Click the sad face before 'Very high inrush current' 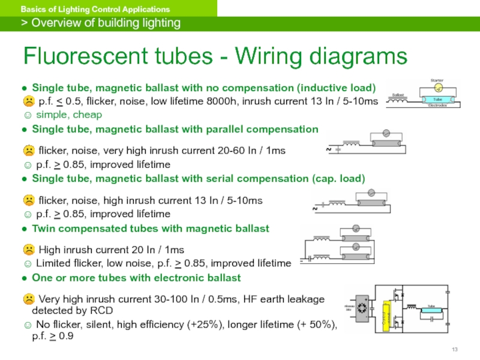[28, 299]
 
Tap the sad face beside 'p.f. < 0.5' [28, 101]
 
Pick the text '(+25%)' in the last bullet [236, 325]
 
